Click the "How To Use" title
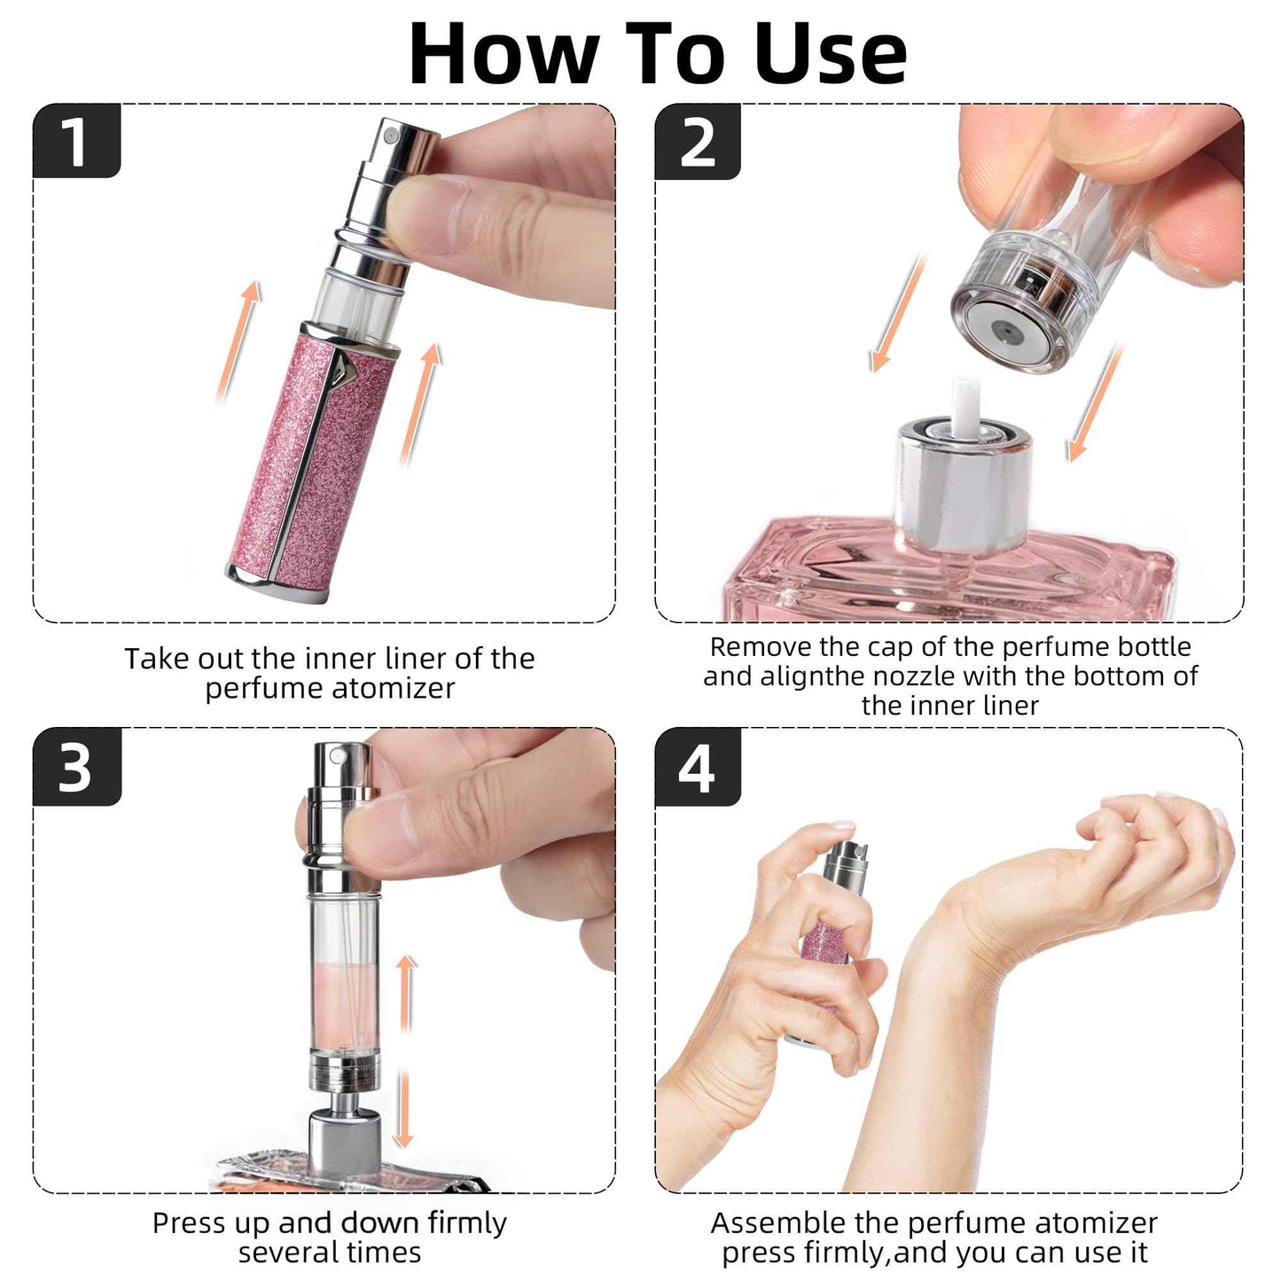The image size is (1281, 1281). click(x=657, y=53)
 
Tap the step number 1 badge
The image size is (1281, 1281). click(x=76, y=141)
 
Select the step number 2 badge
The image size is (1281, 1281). click(x=698, y=142)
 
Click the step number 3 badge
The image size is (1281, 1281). click(x=76, y=768)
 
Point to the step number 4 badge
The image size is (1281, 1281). click(x=697, y=768)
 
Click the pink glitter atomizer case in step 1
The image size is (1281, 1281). click(x=310, y=461)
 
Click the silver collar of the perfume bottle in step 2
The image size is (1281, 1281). click(x=963, y=488)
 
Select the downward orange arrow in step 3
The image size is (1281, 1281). click(x=404, y=1108)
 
